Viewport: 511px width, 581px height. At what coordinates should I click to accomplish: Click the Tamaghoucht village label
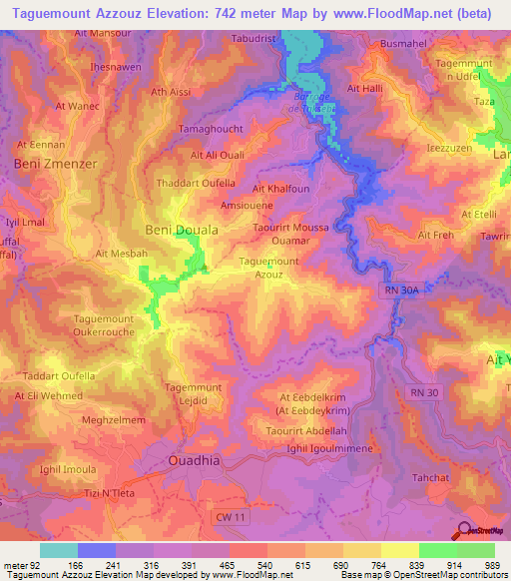[x=209, y=131]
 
